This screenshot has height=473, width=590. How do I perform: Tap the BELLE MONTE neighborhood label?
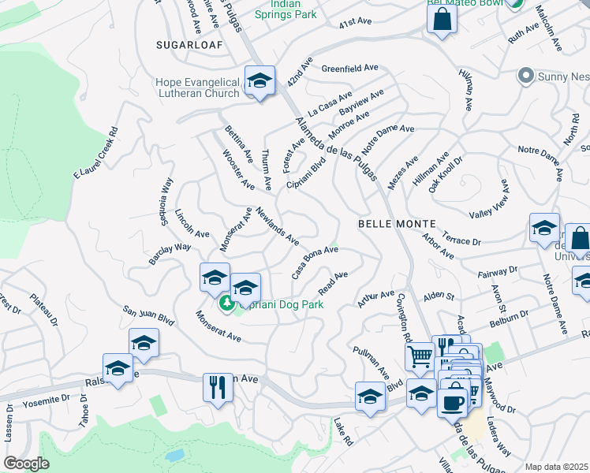pos(393,224)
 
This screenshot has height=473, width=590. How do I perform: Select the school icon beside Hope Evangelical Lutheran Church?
pos(260,81)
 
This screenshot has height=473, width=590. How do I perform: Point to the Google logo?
pos(26,463)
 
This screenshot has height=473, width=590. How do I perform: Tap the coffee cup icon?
pos(453,402)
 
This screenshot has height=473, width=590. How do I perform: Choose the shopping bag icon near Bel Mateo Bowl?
pos(442,19)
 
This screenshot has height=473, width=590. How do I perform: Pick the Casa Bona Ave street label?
pos(315,262)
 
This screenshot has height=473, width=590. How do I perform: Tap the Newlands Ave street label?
pos(278,225)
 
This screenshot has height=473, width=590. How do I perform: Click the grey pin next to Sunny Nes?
pos(525,76)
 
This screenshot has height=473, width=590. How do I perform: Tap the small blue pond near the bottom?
pos(175,456)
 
